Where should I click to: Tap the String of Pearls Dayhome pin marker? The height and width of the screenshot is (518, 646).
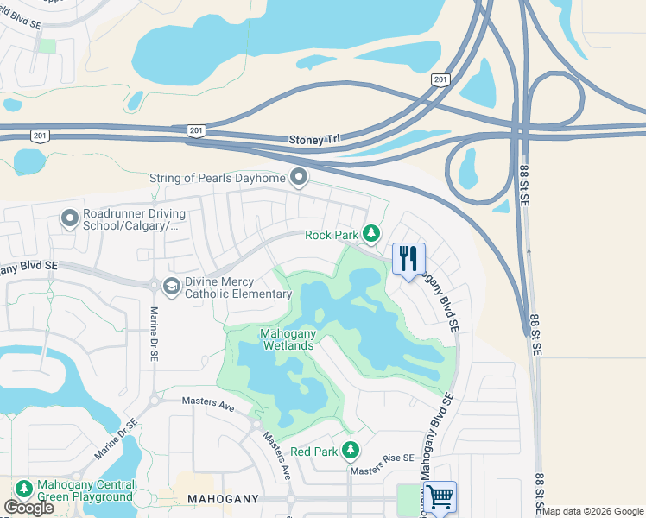(300, 178)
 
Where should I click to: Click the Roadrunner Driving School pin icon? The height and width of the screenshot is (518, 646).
(70, 219)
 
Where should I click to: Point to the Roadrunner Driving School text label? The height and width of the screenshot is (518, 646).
(130, 221)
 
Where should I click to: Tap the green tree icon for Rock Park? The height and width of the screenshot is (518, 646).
(371, 233)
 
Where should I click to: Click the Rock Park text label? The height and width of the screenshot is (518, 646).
(332, 235)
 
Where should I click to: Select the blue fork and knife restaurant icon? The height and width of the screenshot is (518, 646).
(408, 259)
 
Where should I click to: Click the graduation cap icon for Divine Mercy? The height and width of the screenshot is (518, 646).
(171, 287)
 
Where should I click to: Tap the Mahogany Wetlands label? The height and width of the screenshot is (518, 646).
(288, 339)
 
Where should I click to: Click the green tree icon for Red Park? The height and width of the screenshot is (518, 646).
(351, 450)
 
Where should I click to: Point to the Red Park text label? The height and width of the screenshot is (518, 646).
(313, 452)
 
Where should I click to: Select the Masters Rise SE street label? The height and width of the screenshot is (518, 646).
(382, 470)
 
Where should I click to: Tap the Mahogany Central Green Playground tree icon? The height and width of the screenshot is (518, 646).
(23, 490)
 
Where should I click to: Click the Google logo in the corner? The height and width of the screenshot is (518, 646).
(28, 508)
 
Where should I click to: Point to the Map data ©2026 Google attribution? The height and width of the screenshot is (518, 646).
(593, 511)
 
